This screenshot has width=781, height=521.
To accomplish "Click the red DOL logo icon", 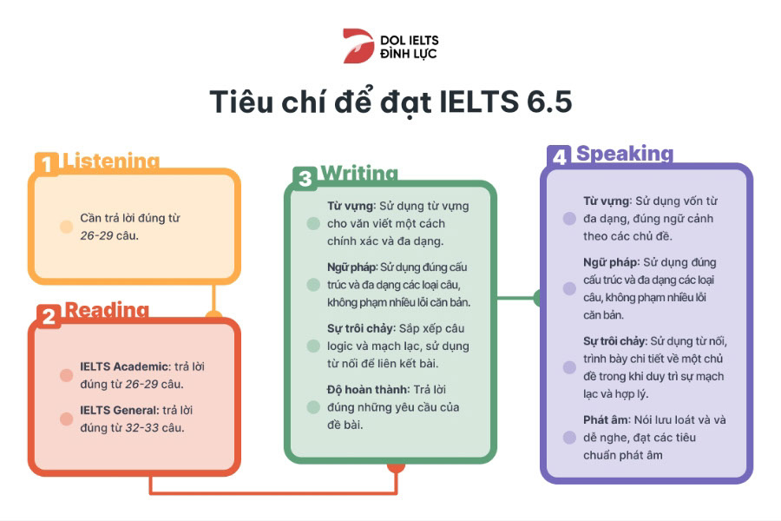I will (358, 46).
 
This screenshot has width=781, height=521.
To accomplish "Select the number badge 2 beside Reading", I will (49, 316).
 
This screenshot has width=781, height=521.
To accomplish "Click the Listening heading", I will (111, 162).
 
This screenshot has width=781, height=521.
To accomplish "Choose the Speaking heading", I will (625, 155).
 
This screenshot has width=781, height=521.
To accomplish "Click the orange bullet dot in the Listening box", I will (66, 227).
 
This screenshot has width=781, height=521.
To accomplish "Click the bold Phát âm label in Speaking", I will (606, 419).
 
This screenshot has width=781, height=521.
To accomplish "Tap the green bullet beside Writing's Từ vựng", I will (313, 223).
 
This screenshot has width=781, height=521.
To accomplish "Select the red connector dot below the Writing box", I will (396, 466).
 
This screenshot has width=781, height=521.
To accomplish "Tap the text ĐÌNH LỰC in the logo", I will (409, 54).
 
